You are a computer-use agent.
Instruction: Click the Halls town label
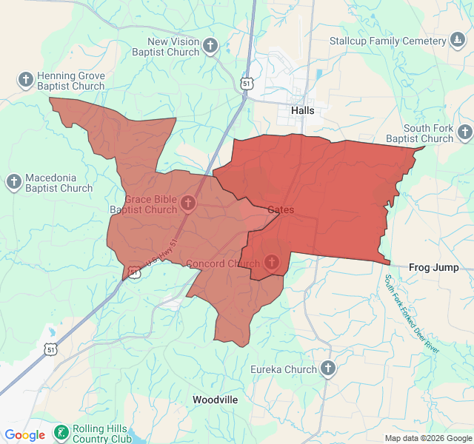pos(302,110)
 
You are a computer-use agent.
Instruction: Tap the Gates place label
pos(281,210)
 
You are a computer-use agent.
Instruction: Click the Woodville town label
pos(215,400)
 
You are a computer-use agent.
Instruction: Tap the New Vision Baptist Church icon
pos(210,47)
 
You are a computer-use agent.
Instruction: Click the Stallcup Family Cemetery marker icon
pos(458,41)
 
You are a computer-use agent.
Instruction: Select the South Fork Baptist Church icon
pos(464,132)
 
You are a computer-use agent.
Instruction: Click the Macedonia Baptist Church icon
pos(14,182)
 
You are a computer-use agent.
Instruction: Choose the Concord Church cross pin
pos(272,262)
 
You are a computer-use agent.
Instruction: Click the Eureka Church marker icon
pos(328,369)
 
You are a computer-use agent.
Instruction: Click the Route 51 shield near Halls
pos(247,84)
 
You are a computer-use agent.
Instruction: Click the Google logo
pos(24,435)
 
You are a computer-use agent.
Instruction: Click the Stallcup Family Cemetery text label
pos(387,41)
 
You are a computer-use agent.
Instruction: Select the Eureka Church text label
pos(283,369)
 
